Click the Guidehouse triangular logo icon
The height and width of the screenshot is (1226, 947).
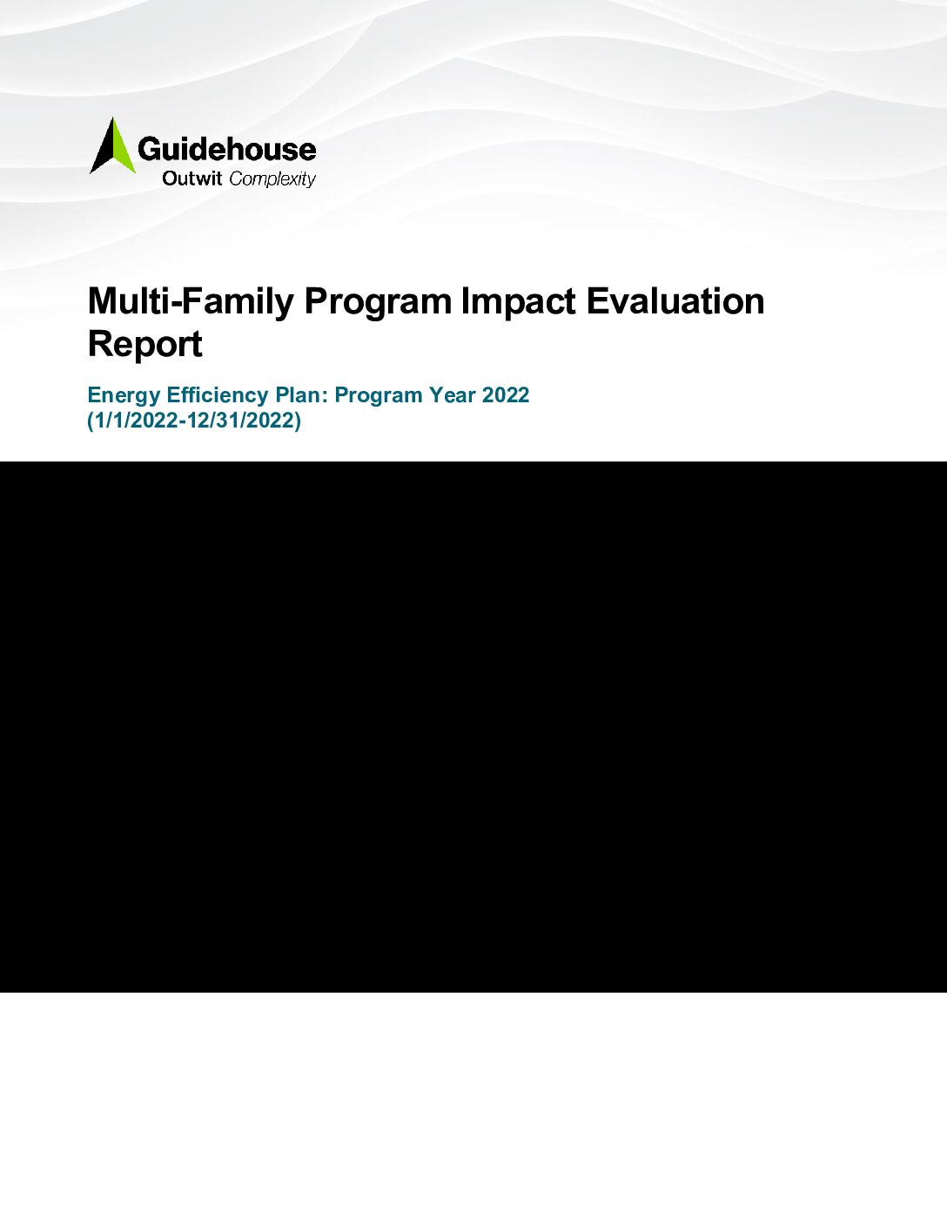(x=113, y=146)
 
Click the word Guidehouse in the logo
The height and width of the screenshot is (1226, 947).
(x=226, y=150)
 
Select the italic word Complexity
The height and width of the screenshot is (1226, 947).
(x=272, y=180)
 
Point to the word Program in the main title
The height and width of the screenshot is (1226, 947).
(x=379, y=302)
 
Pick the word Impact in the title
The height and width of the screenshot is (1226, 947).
(x=519, y=301)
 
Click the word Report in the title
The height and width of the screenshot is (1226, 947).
(x=145, y=345)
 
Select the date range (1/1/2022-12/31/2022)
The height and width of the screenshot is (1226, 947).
(x=195, y=421)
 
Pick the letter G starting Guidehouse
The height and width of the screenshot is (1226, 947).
(x=149, y=150)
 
